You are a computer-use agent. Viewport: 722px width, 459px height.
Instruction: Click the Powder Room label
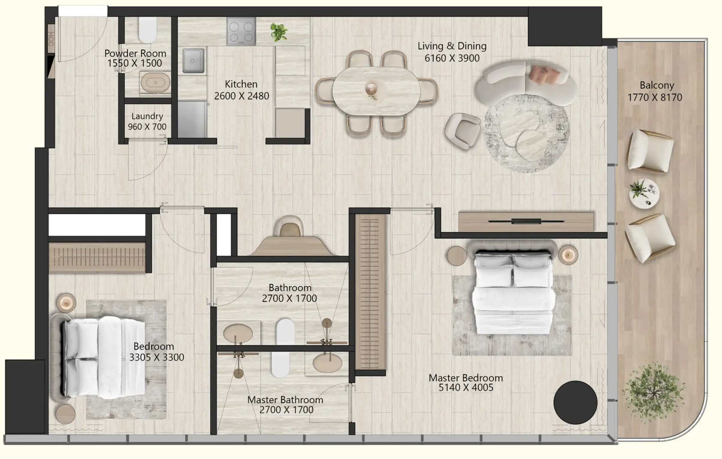tap(135, 53)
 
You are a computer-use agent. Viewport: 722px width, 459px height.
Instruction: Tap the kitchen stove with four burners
tap(241, 31)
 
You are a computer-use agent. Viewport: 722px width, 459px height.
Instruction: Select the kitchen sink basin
tap(193, 61)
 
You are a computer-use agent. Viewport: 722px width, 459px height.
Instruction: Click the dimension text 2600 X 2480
tap(241, 96)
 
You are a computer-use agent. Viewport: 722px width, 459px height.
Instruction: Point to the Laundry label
tap(147, 116)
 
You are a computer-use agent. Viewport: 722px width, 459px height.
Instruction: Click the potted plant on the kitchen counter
tap(279, 32)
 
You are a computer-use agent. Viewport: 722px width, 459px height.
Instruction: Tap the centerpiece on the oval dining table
tap(371, 89)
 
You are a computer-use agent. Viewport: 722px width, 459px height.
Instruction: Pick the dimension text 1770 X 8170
tap(655, 98)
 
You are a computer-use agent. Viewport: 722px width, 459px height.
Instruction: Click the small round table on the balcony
tap(644, 193)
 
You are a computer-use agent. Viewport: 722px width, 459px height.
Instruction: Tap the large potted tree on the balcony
tap(654, 392)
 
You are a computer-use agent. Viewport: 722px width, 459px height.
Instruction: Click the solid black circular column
tap(575, 402)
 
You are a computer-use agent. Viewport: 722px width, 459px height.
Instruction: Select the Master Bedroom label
tap(466, 378)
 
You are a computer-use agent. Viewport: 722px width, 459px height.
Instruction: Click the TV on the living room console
tap(526, 221)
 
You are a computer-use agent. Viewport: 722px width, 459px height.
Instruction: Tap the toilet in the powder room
tap(148, 30)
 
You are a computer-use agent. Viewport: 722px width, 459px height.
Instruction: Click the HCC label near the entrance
tap(51, 39)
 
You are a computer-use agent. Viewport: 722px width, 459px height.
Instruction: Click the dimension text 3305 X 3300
tap(157, 357)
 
